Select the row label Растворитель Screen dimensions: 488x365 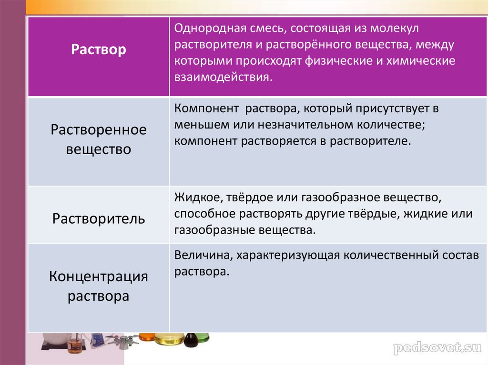point(98,219)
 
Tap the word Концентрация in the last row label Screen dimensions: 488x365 point(98,276)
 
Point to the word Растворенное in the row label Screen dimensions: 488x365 point(98,130)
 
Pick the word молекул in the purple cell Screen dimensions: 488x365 point(394,29)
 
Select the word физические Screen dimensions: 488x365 point(339,61)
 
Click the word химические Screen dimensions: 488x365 point(421,61)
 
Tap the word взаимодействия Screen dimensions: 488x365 point(223,77)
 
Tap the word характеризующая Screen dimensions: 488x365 point(288,256)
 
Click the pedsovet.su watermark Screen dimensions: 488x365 point(437,348)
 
